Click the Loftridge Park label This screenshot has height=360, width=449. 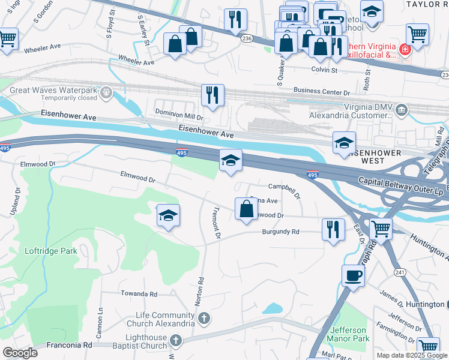click(51, 251)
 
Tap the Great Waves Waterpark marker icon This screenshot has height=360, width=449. click(106, 92)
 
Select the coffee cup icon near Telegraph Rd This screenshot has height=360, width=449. click(354, 276)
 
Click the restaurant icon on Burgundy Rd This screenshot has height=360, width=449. click(334, 229)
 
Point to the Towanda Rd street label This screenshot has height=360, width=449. click(139, 294)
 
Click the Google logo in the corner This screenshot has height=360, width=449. click(20, 352)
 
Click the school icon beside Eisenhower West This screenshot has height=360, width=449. click(344, 142)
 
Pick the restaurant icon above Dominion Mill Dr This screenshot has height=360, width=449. click(212, 94)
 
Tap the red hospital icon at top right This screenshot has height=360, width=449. click(405, 49)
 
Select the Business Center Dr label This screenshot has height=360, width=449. click(321, 92)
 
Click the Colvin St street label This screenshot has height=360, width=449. click(324, 70)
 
